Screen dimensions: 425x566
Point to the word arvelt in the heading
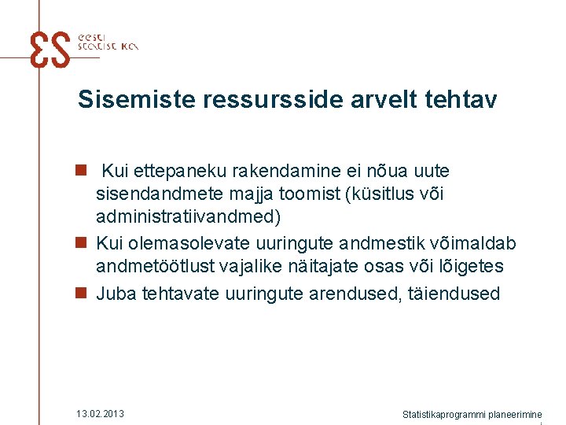(x=377, y=100)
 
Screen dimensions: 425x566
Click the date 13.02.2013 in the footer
(x=100, y=414)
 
